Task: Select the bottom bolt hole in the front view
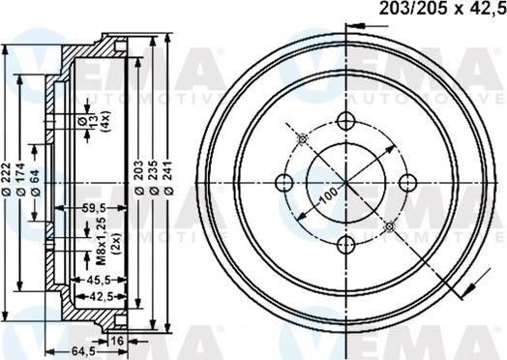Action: pyautogui.click(x=345, y=242)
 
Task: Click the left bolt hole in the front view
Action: pyautogui.click(x=284, y=181)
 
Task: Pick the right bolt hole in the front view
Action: pyautogui.click(x=406, y=181)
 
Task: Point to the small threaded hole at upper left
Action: pyautogui.click(x=303, y=138)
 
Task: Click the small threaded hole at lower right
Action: pyautogui.click(x=389, y=225)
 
